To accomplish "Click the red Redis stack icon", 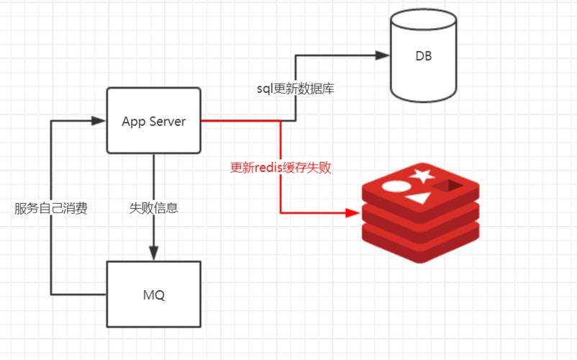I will point(420,212).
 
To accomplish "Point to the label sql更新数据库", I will point(296,89).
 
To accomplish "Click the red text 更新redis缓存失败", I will point(281,167).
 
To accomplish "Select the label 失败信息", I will point(154,209).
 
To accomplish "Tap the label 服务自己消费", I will point(51,209).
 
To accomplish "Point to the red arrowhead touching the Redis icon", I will point(352,212).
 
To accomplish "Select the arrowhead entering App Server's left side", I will point(99,121).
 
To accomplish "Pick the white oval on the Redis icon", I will point(396,186).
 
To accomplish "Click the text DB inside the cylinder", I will point(423,57).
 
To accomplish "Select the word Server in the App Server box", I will point(168,121).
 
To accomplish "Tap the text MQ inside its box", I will point(154,295).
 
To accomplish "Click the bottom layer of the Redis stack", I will point(420,245).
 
